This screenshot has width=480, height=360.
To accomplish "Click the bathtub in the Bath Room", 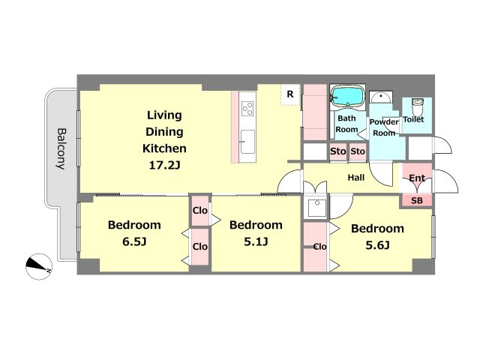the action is [348, 96].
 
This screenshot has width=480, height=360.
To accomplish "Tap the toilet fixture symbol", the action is [417, 106].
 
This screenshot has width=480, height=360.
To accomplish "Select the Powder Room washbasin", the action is [380, 97].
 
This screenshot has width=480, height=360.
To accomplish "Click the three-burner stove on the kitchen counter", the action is [247, 108].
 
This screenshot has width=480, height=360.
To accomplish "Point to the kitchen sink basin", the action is [247, 142].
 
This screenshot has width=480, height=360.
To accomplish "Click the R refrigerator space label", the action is [290, 94].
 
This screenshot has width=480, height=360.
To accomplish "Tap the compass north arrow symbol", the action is [39, 266].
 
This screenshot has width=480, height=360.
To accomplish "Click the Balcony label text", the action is [61, 148].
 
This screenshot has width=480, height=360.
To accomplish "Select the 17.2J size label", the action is [164, 165].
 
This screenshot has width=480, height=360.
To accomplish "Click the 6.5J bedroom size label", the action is [134, 241].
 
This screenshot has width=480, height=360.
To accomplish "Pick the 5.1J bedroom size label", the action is [256, 241].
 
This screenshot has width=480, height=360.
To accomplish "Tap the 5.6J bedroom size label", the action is [377, 245].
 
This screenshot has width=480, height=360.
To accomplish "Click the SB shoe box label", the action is [417, 200].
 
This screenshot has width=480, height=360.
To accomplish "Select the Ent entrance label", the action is [417, 178].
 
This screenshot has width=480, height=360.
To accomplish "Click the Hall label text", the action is [356, 178].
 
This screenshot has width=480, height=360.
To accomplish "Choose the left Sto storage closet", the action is [338, 151].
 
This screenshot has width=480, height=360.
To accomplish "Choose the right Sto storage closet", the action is [358, 151].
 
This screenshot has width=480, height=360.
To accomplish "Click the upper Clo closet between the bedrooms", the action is [200, 211].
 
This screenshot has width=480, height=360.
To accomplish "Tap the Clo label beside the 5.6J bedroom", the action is [320, 247].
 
